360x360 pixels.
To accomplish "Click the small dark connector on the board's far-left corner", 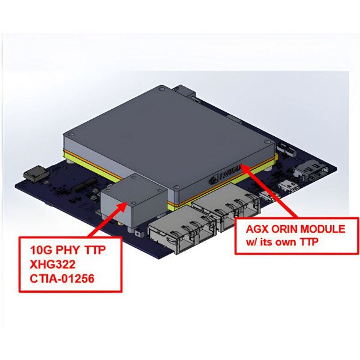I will (x=35, y=175).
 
